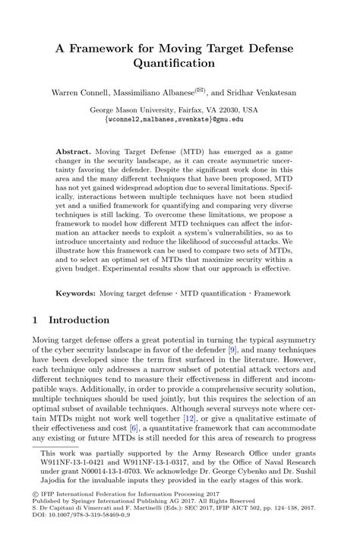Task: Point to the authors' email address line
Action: click(179, 119)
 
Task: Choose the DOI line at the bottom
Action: click(81, 536)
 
